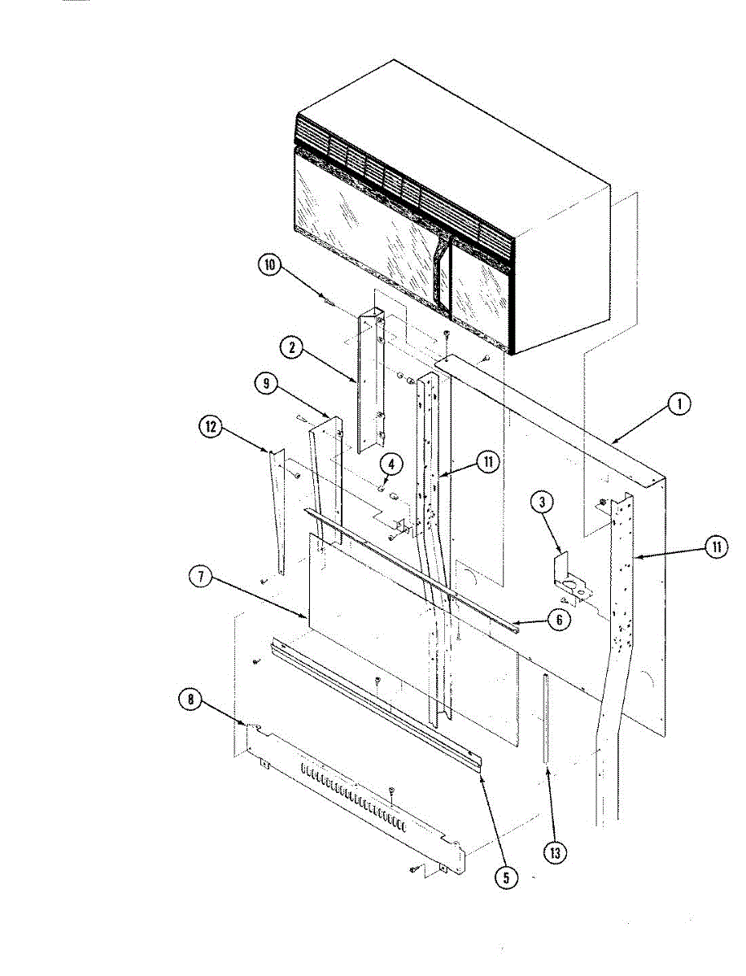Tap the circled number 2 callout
(290, 347)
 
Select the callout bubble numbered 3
(543, 502)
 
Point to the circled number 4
(391, 464)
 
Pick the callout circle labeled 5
(508, 878)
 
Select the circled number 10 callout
(269, 265)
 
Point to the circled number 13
(556, 852)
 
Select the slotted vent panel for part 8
(358, 801)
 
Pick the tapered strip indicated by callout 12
(277, 512)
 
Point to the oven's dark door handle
(440, 268)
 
